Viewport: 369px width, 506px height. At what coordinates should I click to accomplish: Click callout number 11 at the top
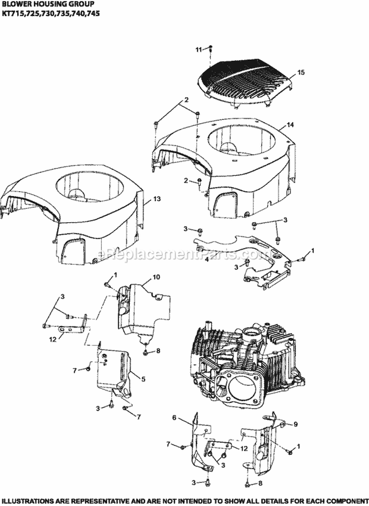pos(198,49)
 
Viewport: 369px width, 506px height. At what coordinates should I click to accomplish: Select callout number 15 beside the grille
pos(301,72)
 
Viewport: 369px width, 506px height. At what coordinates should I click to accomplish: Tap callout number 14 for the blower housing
pos(290,125)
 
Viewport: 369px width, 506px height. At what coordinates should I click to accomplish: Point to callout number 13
pos(156,199)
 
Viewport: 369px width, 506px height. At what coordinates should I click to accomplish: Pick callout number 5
pos(143,379)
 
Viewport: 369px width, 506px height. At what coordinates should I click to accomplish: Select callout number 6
pos(174,418)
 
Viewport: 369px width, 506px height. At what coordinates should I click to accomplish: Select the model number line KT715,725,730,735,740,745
pos(50,14)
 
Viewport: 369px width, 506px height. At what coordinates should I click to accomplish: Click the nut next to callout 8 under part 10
pos(146,352)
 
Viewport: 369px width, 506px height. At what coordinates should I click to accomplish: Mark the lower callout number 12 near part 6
pos(243,448)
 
